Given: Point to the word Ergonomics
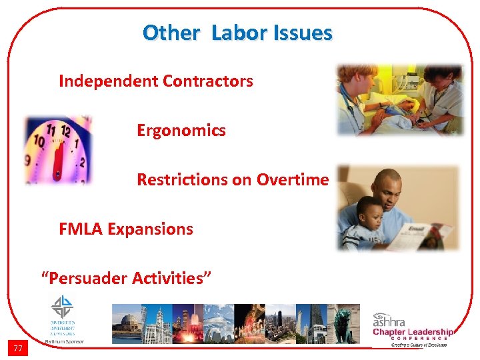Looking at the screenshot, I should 181,130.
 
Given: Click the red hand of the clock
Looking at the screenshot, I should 58,161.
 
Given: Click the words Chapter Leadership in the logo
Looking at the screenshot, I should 413,332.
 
